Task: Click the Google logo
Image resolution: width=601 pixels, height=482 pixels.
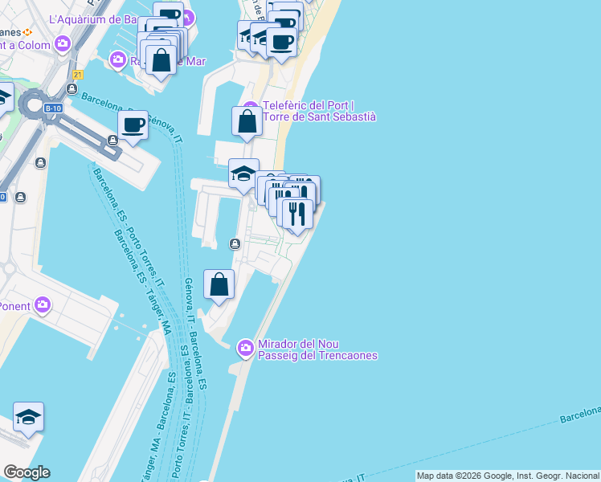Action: pyautogui.click(x=27, y=472)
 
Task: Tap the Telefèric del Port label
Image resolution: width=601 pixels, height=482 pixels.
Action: pyautogui.click(x=319, y=111)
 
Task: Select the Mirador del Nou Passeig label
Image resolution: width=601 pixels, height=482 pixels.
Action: pyautogui.click(x=317, y=349)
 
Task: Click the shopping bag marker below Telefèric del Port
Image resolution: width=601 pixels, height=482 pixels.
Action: pyautogui.click(x=247, y=122)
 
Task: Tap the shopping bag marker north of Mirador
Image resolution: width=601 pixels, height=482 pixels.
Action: pyautogui.click(x=219, y=284)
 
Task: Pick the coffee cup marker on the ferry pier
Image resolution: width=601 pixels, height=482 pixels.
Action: pyautogui.click(x=133, y=125)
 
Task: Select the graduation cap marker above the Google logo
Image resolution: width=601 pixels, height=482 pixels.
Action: pyautogui.click(x=28, y=418)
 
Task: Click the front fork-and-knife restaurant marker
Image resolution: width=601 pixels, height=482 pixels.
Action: pyautogui.click(x=296, y=214)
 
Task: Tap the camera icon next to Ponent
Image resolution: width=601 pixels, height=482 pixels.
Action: pyautogui.click(x=43, y=305)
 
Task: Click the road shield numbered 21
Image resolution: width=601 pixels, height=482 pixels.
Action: pyautogui.click(x=77, y=75)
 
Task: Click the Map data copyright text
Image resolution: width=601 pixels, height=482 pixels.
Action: pyautogui.click(x=508, y=476)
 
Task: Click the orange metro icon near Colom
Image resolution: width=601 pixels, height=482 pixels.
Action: pyautogui.click(x=27, y=31)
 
